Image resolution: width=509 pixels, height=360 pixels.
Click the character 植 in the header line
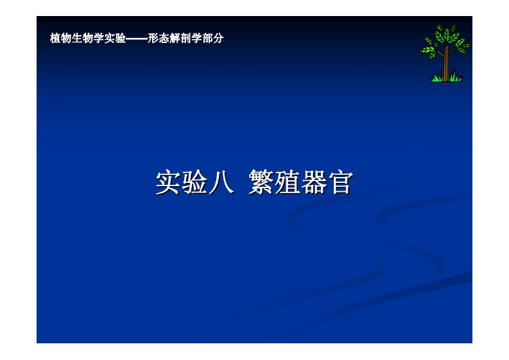(55, 39)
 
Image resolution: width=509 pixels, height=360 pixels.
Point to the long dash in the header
(137, 39)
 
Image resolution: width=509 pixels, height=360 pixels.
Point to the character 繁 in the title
(261, 182)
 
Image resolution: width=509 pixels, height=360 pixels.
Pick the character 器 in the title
(314, 182)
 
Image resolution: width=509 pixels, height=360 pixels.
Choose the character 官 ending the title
(340, 182)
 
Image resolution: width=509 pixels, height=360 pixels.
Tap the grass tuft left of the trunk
(437, 78)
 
